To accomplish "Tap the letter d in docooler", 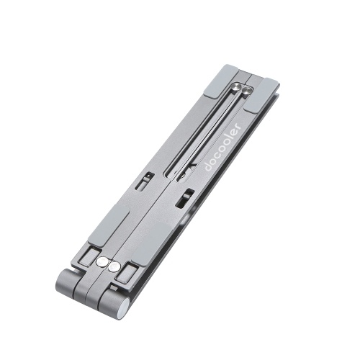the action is pyautogui.click(x=208, y=167).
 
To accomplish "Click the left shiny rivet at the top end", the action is pyautogui.click(x=236, y=86).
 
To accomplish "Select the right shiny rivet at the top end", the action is pyautogui.click(x=247, y=91).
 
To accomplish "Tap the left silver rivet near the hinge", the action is pyautogui.click(x=102, y=262).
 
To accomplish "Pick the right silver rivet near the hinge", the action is pyautogui.click(x=114, y=266).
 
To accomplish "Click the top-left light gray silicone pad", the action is pyautogui.click(x=221, y=81).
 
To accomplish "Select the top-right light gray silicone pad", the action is pyautogui.click(x=261, y=95).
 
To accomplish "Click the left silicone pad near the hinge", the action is pyautogui.click(x=109, y=225).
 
